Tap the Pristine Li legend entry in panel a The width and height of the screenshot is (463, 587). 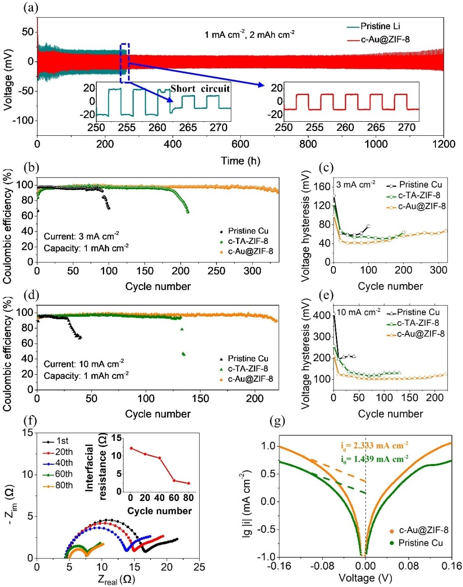(380, 26)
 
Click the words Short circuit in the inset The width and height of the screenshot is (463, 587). (200, 88)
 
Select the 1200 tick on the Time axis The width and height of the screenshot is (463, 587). (444, 144)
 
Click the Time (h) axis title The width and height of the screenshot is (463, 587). (240, 160)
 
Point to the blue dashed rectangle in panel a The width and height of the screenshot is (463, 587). (124, 63)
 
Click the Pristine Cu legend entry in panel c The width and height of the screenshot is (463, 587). (420, 185)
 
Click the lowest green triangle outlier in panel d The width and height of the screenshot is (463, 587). (184, 354)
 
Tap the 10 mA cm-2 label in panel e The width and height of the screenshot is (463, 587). (359, 312)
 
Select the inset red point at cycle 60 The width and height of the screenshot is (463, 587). (174, 481)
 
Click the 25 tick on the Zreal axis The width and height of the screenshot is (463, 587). (199, 567)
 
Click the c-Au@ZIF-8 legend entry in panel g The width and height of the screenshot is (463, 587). (423, 530)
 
